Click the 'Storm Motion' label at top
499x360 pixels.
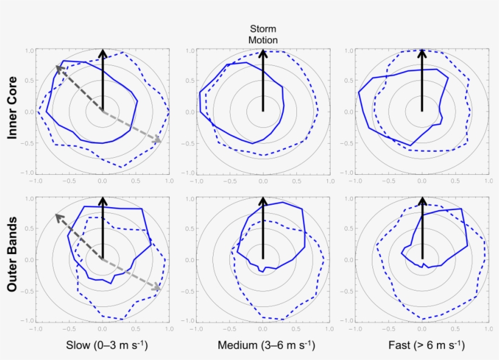(x=263, y=34)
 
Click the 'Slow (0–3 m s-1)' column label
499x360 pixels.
(x=107, y=346)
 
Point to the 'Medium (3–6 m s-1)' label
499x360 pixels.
(x=266, y=346)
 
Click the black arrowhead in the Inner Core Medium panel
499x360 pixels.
(x=263, y=52)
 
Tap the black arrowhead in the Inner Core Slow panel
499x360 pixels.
(x=103, y=52)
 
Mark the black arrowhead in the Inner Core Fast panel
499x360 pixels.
(x=422, y=52)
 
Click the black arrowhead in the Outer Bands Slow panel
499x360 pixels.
(x=103, y=200)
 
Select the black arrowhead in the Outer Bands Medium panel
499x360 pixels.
(x=263, y=200)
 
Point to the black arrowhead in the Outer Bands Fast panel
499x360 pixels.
(x=422, y=200)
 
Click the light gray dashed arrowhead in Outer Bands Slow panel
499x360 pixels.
(x=158, y=288)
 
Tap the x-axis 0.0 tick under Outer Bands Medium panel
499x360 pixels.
(x=263, y=329)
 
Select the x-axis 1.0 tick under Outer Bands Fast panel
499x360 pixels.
(x=489, y=329)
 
